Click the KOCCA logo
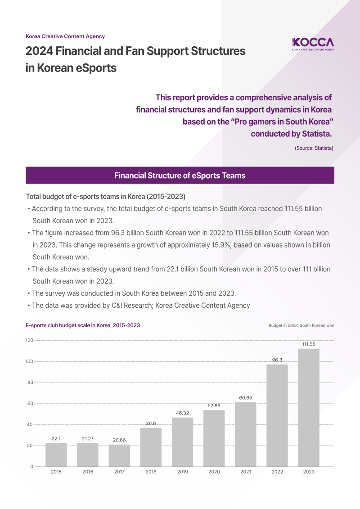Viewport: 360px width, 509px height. click(x=313, y=44)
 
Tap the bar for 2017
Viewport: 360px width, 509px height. click(x=119, y=455)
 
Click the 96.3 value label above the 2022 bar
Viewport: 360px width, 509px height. click(x=277, y=360)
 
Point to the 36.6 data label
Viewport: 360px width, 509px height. click(x=151, y=423)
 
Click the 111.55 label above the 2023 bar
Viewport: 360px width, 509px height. click(x=309, y=344)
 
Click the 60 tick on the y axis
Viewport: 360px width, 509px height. click(x=30, y=403)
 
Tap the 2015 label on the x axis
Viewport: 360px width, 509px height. click(x=56, y=472)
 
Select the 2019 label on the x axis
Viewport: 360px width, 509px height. click(x=182, y=472)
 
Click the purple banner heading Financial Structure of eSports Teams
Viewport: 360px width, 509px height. click(x=180, y=176)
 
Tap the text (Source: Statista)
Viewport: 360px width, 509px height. click(x=314, y=148)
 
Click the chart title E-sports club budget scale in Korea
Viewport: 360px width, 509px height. click(x=83, y=325)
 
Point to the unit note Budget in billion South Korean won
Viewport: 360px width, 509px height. click(x=301, y=325)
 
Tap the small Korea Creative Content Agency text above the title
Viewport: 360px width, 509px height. click(x=65, y=36)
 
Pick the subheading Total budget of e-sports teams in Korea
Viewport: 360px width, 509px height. click(x=106, y=197)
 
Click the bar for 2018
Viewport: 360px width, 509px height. click(x=151, y=447)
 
